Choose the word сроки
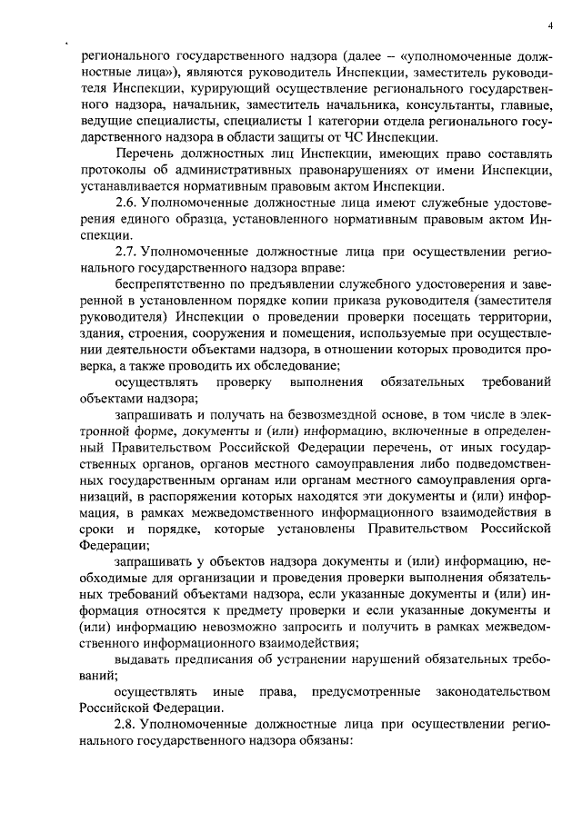pos(96,530)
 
